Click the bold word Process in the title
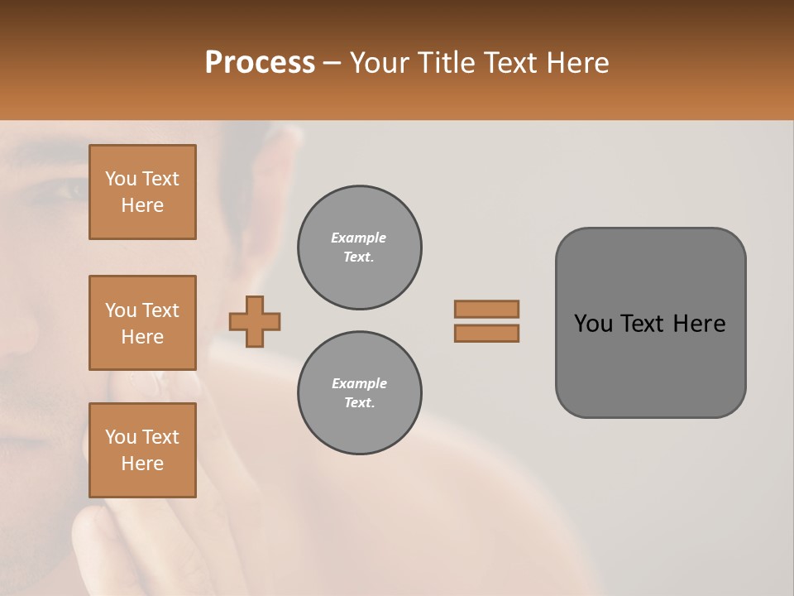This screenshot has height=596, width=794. pyautogui.click(x=260, y=63)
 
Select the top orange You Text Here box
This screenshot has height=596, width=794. pyautogui.click(x=142, y=192)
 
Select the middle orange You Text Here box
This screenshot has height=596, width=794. pyautogui.click(x=142, y=323)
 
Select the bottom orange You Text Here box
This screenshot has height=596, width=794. pyautogui.click(x=142, y=449)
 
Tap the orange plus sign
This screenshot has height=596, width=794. pyautogui.click(x=254, y=321)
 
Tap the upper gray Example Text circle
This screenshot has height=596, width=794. pyautogui.click(x=359, y=248)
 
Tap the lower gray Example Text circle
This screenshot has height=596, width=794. pyautogui.click(x=359, y=393)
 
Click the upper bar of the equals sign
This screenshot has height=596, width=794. pyautogui.click(x=486, y=310)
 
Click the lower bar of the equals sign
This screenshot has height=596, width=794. pyautogui.click(x=486, y=333)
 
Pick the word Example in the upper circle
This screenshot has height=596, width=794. pyautogui.click(x=359, y=238)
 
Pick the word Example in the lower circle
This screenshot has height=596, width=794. pyautogui.click(x=359, y=383)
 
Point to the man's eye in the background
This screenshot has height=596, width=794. pyautogui.click(x=66, y=190)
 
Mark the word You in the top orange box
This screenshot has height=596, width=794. pyautogui.click(x=121, y=179)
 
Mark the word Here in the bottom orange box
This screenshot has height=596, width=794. pyautogui.click(x=142, y=464)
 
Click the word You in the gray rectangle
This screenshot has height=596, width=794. pyautogui.click(x=592, y=324)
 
